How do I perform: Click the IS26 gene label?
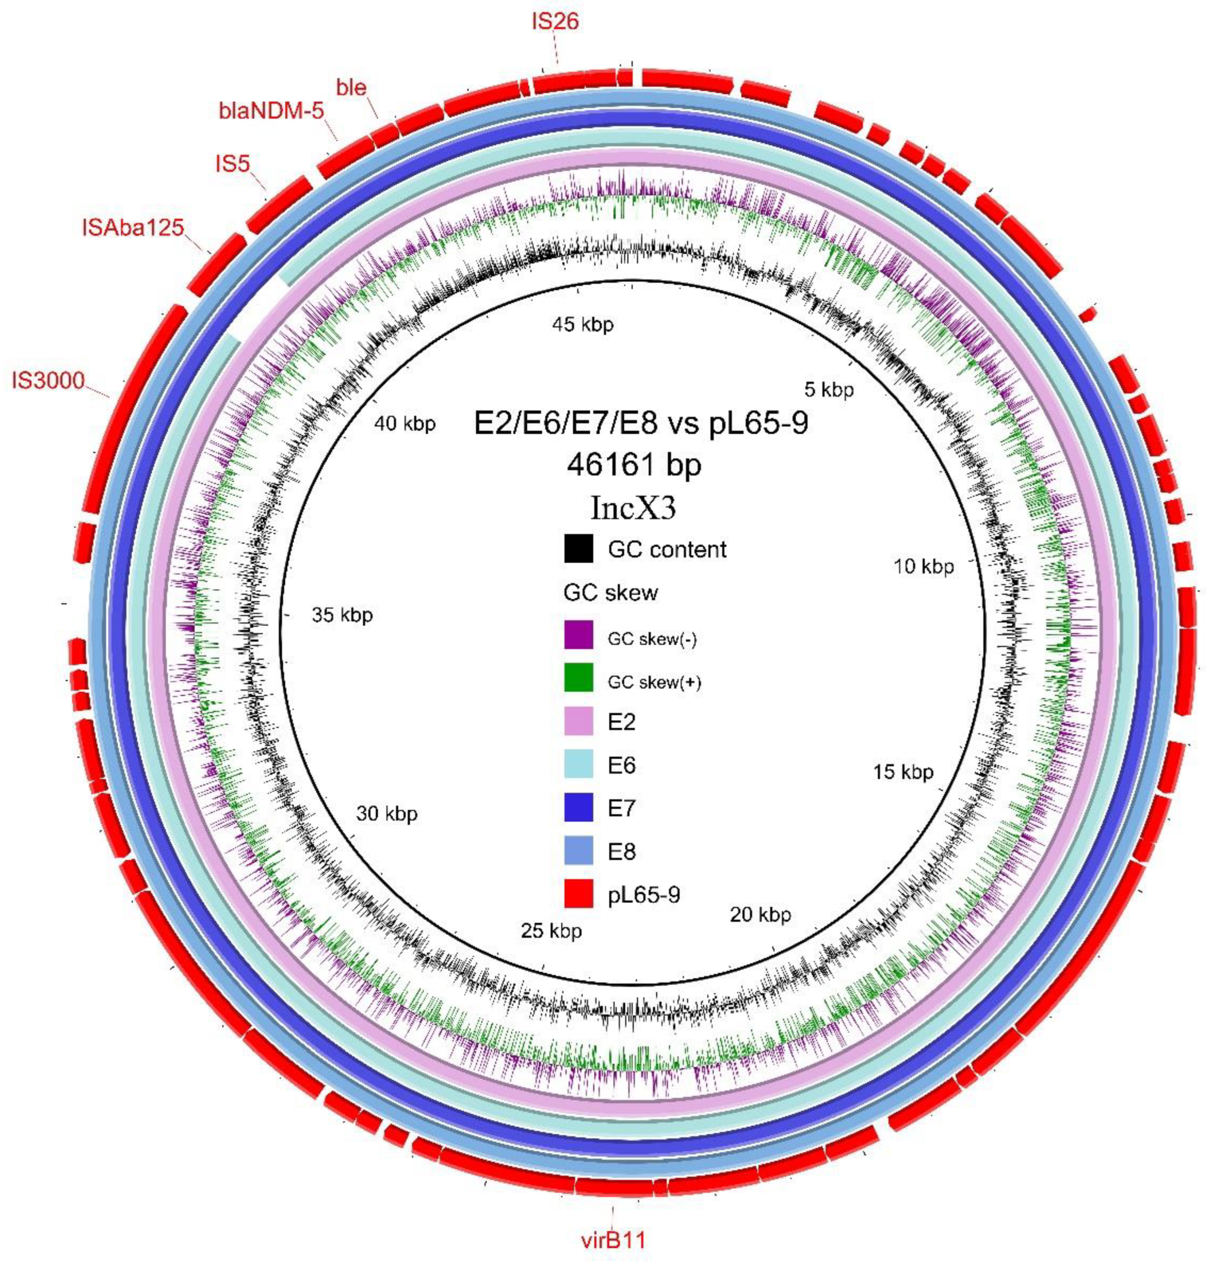coord(555,22)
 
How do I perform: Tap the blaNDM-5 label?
coord(271,111)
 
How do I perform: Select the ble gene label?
coord(351,87)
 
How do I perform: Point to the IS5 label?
coord(232,164)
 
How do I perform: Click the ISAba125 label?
coord(133,227)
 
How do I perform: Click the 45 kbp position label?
coord(583,324)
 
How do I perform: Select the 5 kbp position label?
coord(828,389)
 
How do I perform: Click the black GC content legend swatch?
coord(578,548)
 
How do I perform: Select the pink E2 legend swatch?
coord(578,721)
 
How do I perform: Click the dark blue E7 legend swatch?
coord(578,807)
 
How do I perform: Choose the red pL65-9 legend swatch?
coord(578,894)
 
